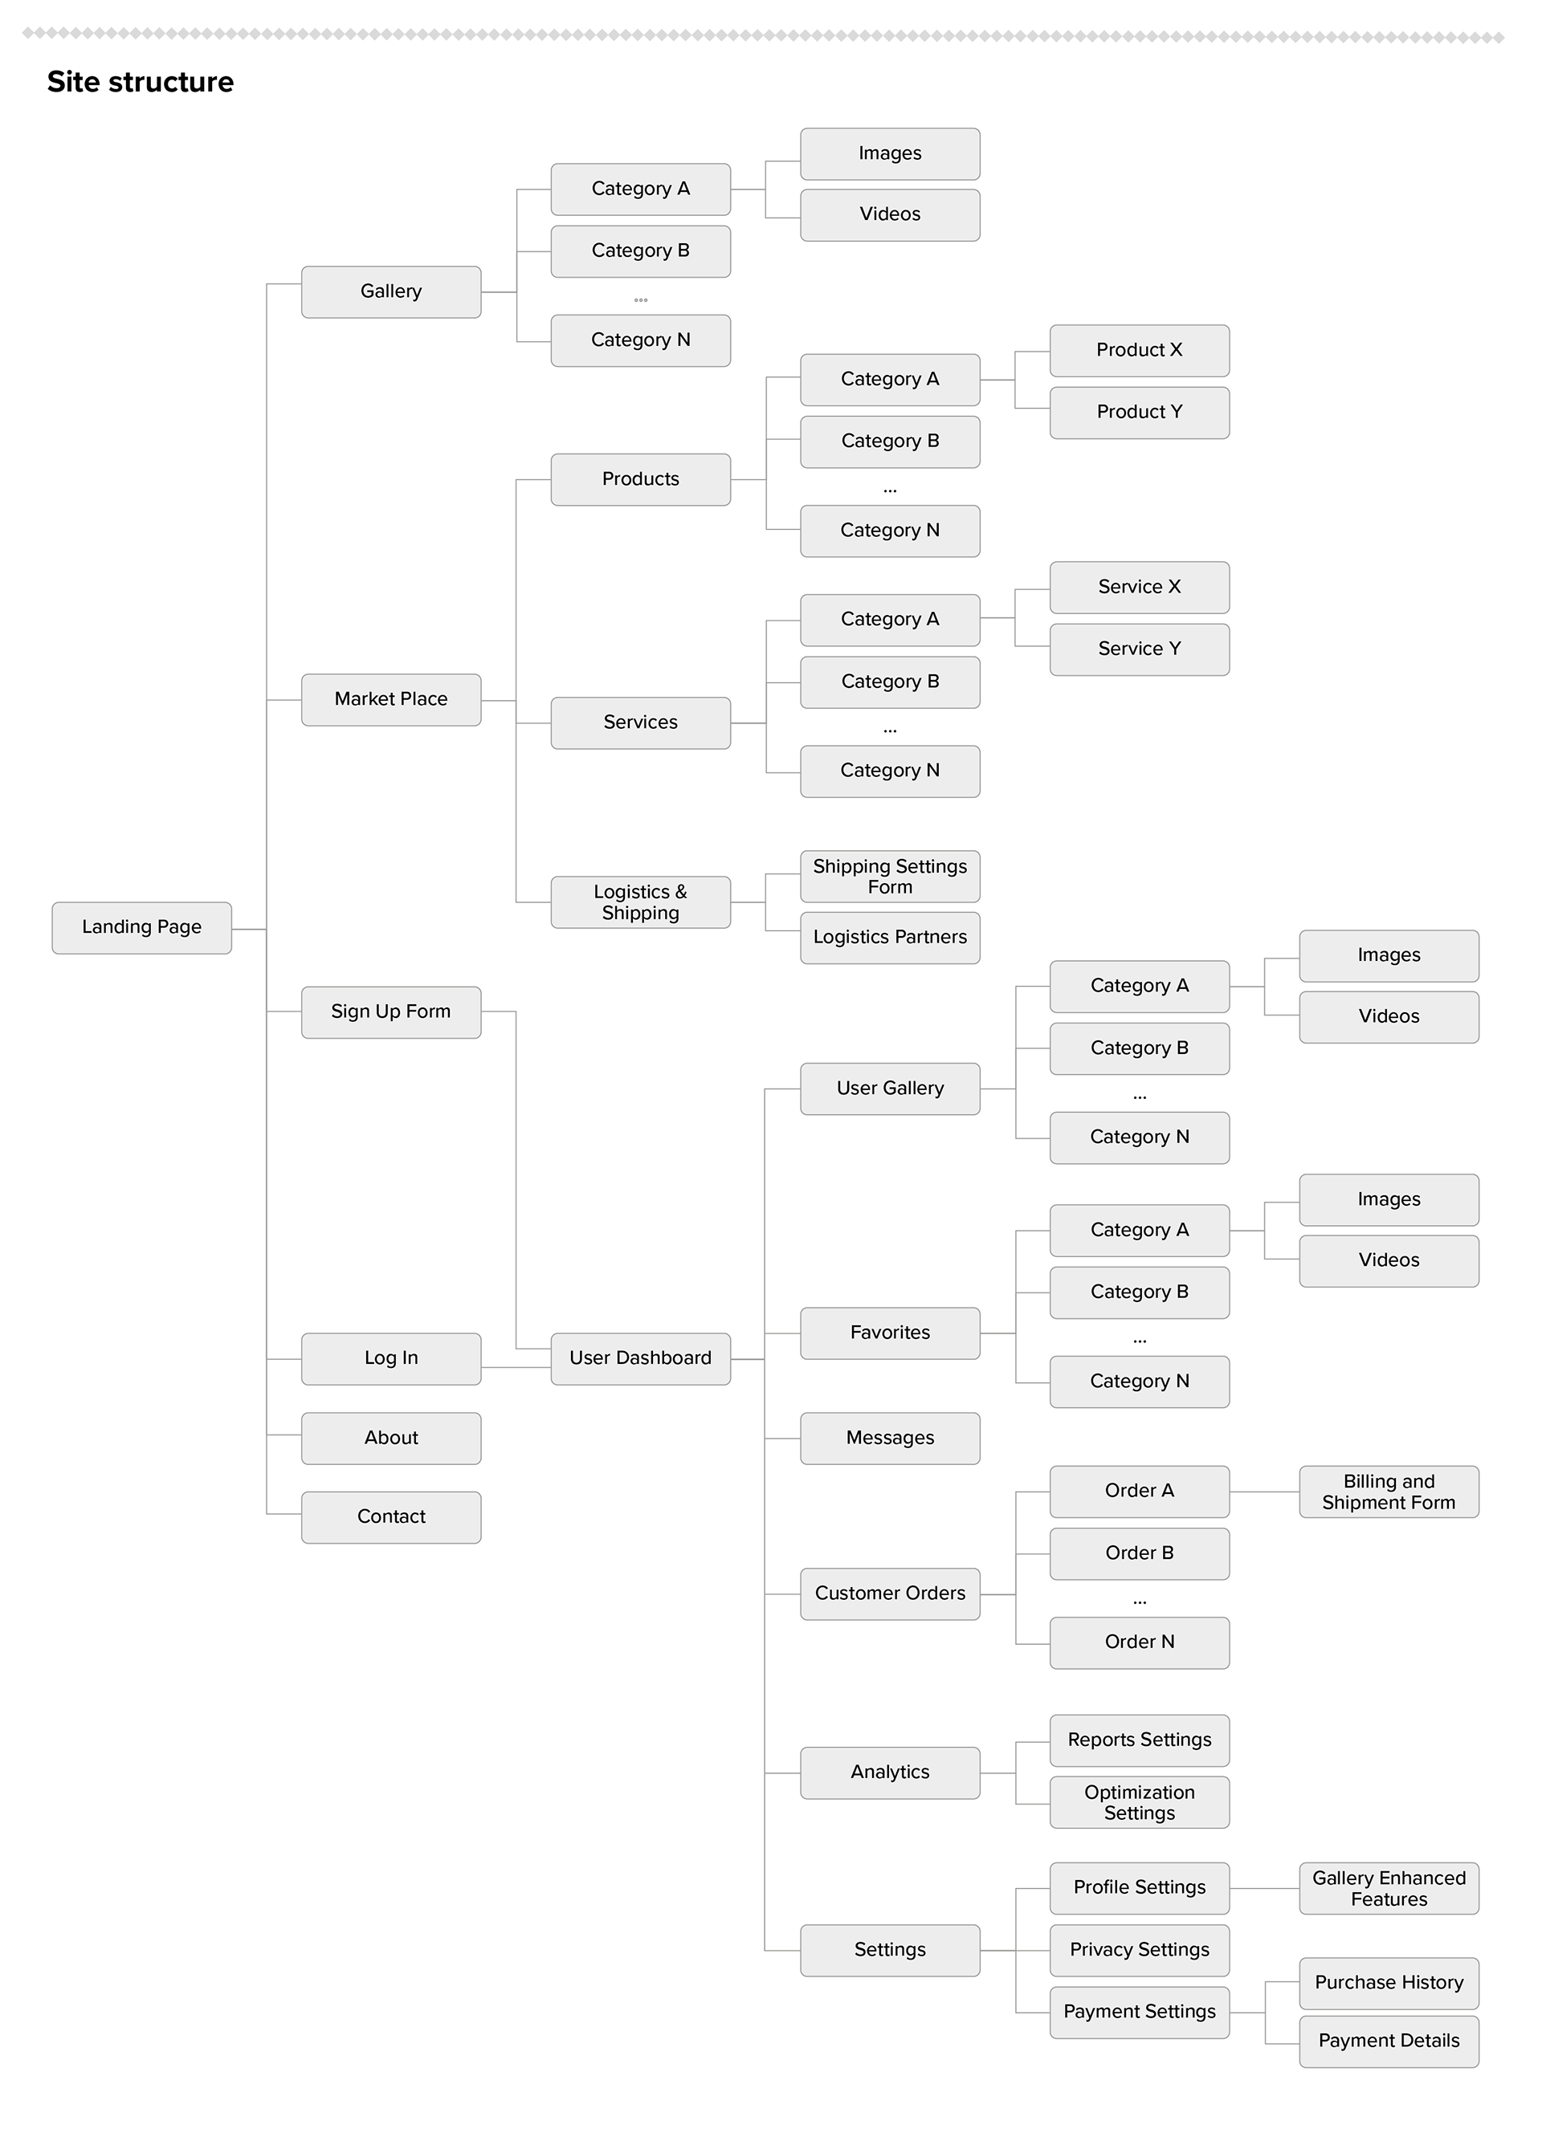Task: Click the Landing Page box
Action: tap(141, 927)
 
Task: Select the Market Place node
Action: tap(390, 699)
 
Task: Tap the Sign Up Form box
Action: tap(390, 1012)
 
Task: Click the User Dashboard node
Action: tap(640, 1358)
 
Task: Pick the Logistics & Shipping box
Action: tap(640, 902)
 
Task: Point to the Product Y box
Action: tap(1139, 413)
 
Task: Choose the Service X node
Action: tap(1139, 588)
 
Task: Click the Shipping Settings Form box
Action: tap(889, 877)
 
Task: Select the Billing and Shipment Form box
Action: tap(1388, 1492)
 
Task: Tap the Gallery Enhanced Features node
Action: tap(1388, 1888)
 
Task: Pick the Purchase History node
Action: tap(1388, 1982)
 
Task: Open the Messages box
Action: tap(889, 1438)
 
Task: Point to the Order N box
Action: tap(1139, 1642)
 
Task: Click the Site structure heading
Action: tap(140, 82)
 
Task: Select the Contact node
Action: tap(390, 1517)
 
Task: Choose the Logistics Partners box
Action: tap(889, 938)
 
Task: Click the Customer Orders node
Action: tap(889, 1593)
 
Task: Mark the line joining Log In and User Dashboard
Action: tap(516, 1368)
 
